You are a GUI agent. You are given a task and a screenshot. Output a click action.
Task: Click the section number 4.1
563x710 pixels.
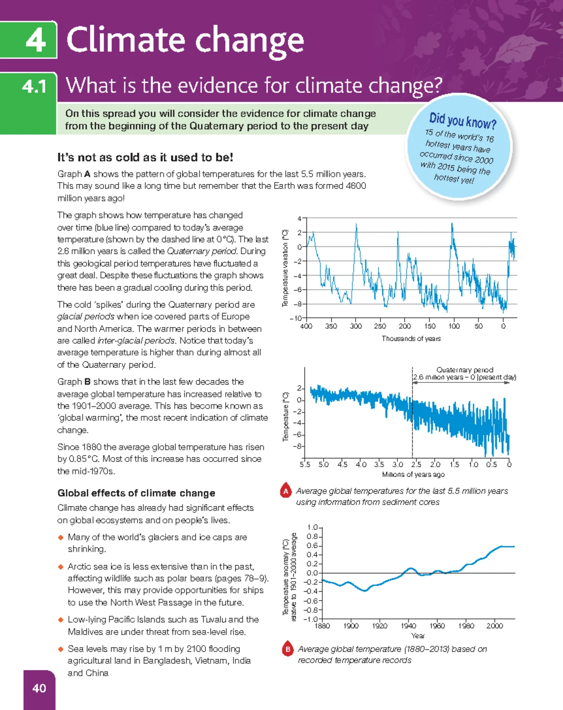pyautogui.click(x=34, y=87)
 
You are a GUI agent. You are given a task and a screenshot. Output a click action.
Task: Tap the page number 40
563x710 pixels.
pyautogui.click(x=39, y=688)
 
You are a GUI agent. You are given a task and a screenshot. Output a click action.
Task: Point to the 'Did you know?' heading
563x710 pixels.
pyautogui.click(x=463, y=121)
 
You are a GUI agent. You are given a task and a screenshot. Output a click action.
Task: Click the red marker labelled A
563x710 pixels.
pyautogui.click(x=286, y=491)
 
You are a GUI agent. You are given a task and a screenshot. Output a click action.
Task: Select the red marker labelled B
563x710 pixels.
pyautogui.click(x=288, y=649)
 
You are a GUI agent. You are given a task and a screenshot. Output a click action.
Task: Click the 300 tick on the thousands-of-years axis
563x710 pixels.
pyautogui.click(x=356, y=326)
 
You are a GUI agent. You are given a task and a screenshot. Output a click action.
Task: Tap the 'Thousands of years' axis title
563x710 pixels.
pyautogui.click(x=411, y=338)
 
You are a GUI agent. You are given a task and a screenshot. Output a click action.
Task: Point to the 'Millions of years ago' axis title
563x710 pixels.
pyautogui.click(x=413, y=474)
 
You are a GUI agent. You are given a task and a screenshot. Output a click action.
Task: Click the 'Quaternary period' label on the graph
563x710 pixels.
pyautogui.click(x=465, y=370)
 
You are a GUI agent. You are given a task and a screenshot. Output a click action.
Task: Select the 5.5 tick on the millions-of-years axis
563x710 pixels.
pyautogui.click(x=305, y=465)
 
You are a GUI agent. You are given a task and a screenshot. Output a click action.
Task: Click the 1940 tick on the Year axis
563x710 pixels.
pyautogui.click(x=408, y=626)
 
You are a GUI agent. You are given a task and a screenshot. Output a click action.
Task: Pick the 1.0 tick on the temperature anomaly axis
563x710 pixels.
pyautogui.click(x=312, y=527)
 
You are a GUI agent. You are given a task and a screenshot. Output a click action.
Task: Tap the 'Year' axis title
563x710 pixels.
pyautogui.click(x=418, y=636)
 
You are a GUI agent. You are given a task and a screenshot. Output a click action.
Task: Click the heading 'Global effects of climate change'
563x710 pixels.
pyautogui.click(x=136, y=493)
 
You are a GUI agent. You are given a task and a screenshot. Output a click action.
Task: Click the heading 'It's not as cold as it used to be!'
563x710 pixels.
pyautogui.click(x=145, y=157)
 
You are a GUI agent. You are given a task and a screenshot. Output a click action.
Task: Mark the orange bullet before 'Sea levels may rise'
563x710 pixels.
pyautogui.click(x=61, y=649)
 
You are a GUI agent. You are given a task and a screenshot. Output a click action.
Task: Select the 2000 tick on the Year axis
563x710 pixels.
pyautogui.click(x=495, y=626)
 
